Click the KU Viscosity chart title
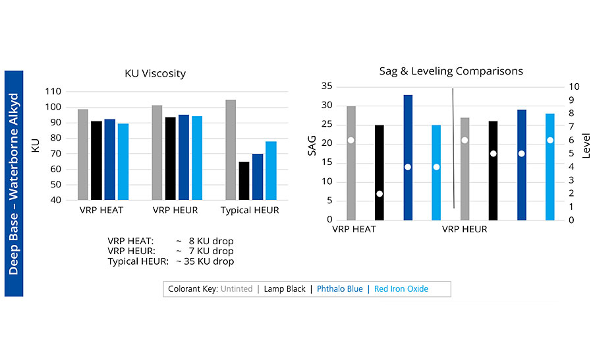click(x=155, y=73)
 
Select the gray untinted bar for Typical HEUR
click(x=231, y=149)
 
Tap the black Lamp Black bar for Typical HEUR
click(x=244, y=180)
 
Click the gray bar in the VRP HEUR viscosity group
click(x=157, y=152)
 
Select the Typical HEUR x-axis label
click(x=250, y=211)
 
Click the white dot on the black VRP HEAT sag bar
click(x=380, y=193)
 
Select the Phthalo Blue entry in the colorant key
click(x=339, y=289)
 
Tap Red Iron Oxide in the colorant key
click(x=401, y=289)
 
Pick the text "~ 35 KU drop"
click(x=204, y=261)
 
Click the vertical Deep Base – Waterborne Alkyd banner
click(x=14, y=183)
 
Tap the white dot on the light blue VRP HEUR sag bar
click(x=550, y=140)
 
